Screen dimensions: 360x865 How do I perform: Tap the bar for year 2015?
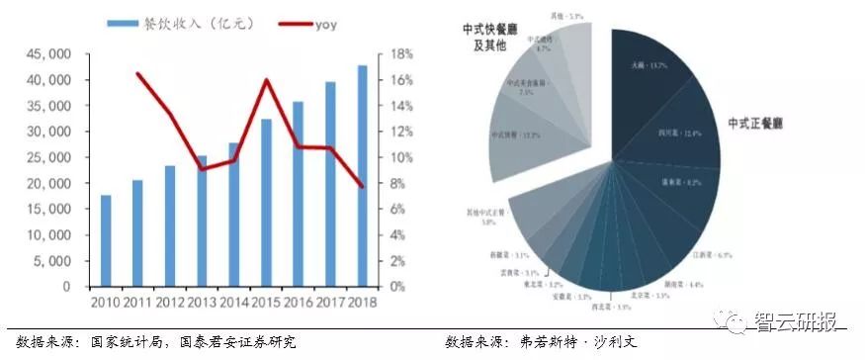[266, 203]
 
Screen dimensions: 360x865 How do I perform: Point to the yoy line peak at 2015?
[266, 80]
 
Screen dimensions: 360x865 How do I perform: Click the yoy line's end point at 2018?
[362, 187]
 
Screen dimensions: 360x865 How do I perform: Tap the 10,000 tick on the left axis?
[49, 235]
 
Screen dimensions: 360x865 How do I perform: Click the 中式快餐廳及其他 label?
[484, 38]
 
